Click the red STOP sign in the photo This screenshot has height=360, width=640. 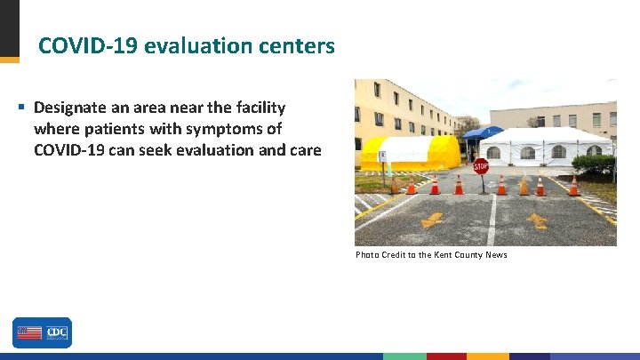click(481, 165)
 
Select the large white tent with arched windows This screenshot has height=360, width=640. click(544, 147)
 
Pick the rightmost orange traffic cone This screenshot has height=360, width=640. click(573, 186)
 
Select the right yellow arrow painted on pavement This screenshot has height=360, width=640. click(537, 220)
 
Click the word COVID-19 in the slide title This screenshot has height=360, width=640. click(85, 45)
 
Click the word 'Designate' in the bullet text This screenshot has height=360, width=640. click(72, 108)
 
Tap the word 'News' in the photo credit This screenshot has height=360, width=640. click(496, 255)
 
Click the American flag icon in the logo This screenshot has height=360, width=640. click(28, 332)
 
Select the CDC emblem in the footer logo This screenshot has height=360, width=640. click(56, 332)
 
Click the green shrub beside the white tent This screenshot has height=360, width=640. click(593, 164)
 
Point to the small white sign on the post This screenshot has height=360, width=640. click(382, 156)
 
